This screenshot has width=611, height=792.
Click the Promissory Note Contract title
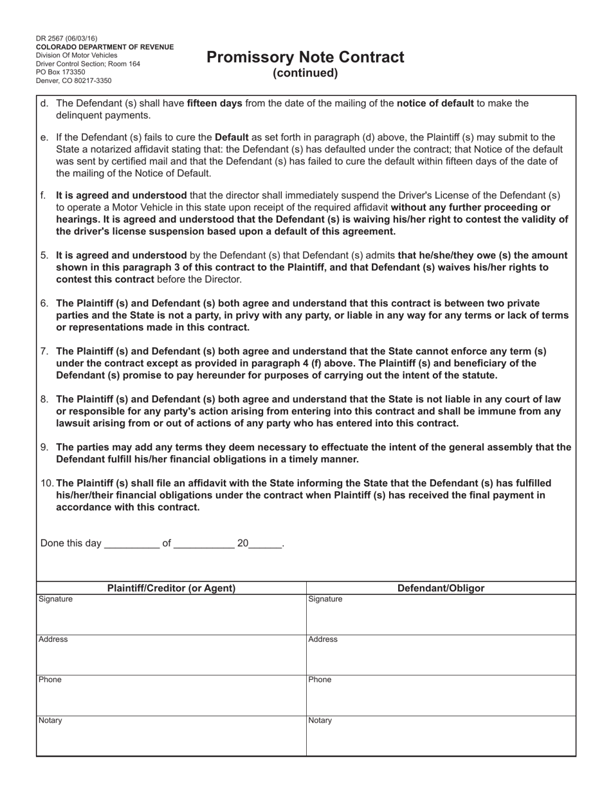coord(305,57)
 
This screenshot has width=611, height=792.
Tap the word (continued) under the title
coord(305,73)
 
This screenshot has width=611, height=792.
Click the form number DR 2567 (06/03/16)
coord(67,39)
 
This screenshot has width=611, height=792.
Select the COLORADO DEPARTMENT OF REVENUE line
coord(105,47)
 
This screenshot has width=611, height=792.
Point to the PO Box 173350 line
coord(60,72)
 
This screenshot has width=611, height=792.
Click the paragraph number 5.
coord(44,255)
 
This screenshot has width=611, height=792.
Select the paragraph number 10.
coord(47,483)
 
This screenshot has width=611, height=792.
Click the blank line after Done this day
coord(131,544)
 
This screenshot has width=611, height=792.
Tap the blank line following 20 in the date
coord(265,544)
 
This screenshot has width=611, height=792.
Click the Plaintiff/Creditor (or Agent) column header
coord(171,588)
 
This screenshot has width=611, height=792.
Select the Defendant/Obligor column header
coord(441,588)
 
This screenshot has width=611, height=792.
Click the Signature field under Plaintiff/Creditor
coord(171,615)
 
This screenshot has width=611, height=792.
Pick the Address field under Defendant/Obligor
coord(441,655)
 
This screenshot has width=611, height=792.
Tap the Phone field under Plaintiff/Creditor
coord(171,695)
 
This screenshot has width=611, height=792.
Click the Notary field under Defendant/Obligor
coord(441,735)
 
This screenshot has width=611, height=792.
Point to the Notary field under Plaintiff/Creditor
coord(171,735)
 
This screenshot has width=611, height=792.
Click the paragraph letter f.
coord(43,195)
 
